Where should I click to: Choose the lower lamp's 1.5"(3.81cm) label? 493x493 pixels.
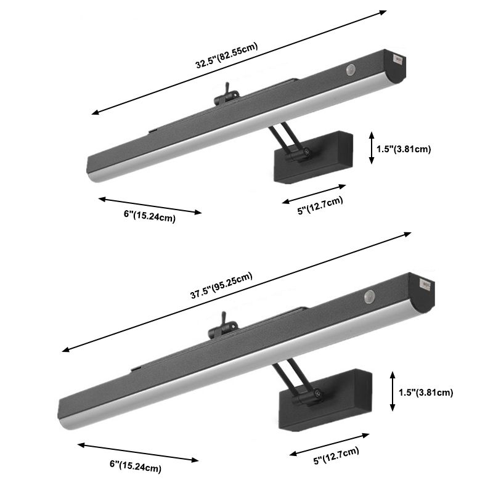426,393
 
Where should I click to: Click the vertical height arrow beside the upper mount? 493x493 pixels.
372,148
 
